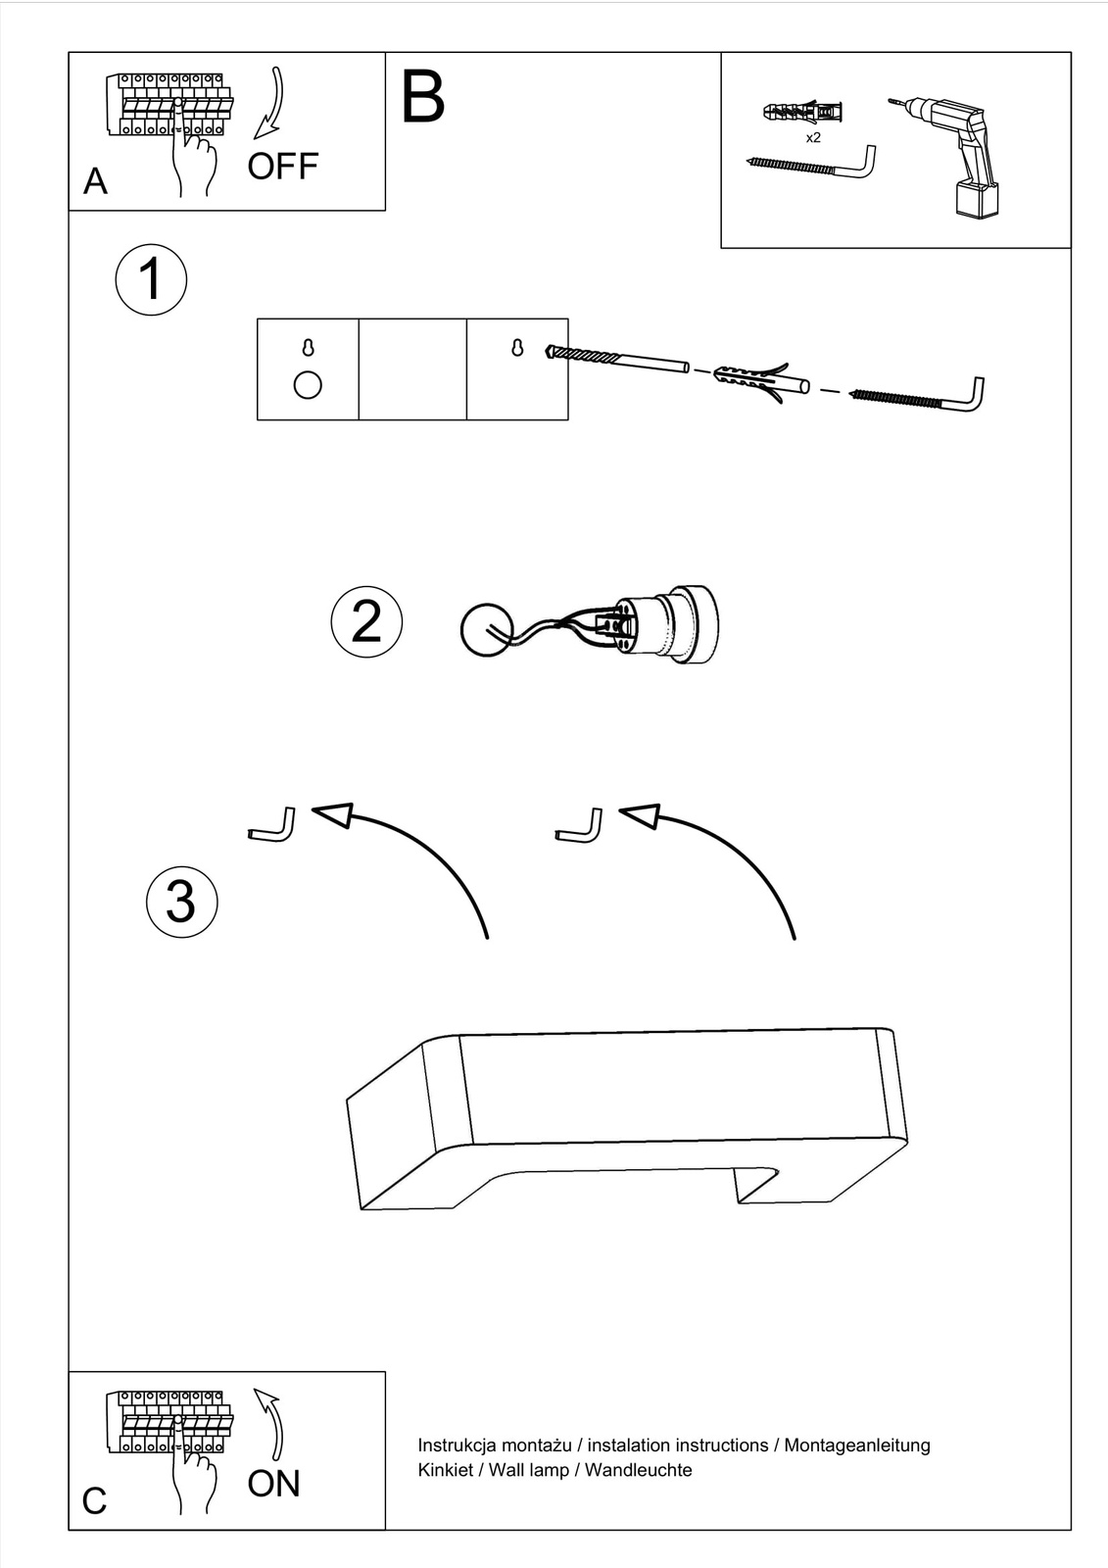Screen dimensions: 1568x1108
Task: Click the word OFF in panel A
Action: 282,167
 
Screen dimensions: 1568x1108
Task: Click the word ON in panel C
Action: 273,1484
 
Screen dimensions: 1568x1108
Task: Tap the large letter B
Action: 423,97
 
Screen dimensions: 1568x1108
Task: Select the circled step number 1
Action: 151,279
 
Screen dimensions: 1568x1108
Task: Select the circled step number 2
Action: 366,621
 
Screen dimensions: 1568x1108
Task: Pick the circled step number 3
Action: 181,902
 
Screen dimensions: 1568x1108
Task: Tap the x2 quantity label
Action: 813,138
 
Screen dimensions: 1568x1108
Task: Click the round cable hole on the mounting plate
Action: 308,385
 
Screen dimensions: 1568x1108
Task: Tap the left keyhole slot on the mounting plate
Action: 308,348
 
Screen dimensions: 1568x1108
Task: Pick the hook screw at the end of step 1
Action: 921,398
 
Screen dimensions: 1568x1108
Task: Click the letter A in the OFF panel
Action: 95,181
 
